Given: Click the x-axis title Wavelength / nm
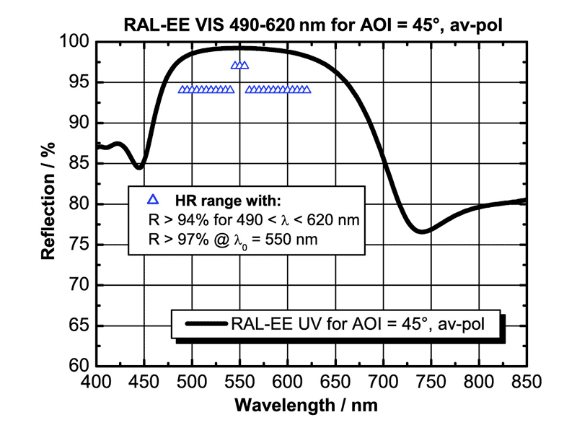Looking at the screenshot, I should pyautogui.click(x=311, y=405).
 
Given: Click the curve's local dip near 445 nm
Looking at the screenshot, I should pyautogui.click(x=139, y=167).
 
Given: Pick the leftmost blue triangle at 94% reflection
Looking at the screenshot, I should pyautogui.click(x=182, y=90).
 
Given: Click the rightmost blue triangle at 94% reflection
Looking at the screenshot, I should pyautogui.click(x=307, y=90).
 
